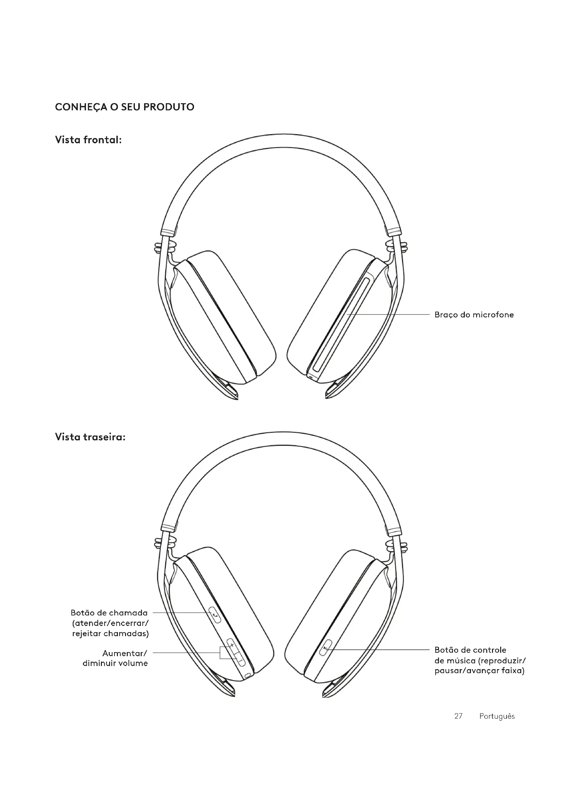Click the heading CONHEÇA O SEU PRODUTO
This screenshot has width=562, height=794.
click(x=125, y=107)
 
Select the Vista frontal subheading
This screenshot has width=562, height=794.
click(x=88, y=140)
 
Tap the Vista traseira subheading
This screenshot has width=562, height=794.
click(x=90, y=437)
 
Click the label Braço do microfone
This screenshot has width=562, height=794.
click(x=474, y=315)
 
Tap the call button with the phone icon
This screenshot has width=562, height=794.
click(x=216, y=616)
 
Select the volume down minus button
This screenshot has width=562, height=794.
click(x=240, y=661)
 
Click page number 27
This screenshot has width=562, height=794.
click(x=458, y=716)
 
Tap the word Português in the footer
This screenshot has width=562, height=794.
click(x=497, y=716)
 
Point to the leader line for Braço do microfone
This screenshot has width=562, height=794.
click(x=391, y=314)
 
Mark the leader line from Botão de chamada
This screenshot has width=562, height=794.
click(x=180, y=613)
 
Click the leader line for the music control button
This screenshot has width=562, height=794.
click(x=381, y=650)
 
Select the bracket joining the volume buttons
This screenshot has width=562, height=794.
click(x=221, y=653)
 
